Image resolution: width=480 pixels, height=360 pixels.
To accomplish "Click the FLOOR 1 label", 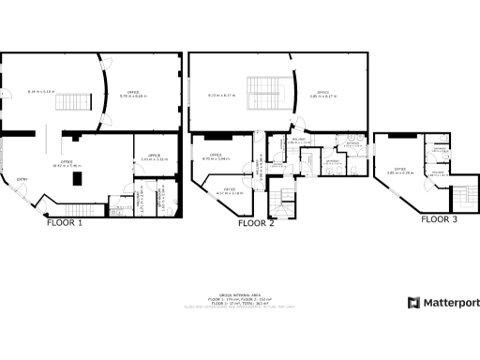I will pos(66,224).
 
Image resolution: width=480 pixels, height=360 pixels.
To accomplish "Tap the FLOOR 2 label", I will pos(256,224).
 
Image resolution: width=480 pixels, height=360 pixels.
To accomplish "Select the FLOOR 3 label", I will pos(439,219).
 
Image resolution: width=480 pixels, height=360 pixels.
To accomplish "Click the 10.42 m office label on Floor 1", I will pos(67,164).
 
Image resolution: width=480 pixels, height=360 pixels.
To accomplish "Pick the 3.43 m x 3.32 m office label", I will pos(154,157).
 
